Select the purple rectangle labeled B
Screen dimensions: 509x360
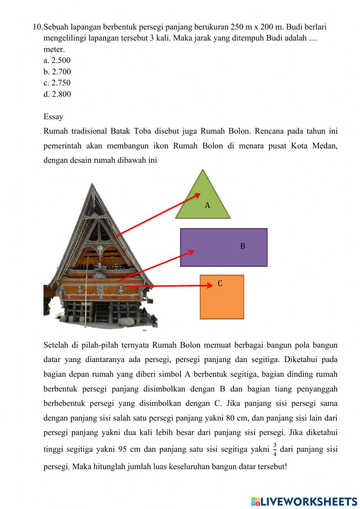(x=224, y=247)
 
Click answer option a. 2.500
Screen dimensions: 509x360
(x=57, y=61)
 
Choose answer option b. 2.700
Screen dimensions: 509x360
(x=57, y=72)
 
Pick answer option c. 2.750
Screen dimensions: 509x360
(x=57, y=83)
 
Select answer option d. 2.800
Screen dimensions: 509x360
(x=57, y=94)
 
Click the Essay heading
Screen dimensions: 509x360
(x=53, y=117)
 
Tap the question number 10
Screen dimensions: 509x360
(x=37, y=27)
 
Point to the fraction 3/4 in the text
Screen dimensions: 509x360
(x=275, y=449)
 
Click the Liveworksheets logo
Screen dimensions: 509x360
(x=304, y=501)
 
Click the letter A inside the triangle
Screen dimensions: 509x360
(x=207, y=205)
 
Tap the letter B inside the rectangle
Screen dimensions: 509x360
(x=242, y=246)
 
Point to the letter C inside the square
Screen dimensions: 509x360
(x=220, y=283)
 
